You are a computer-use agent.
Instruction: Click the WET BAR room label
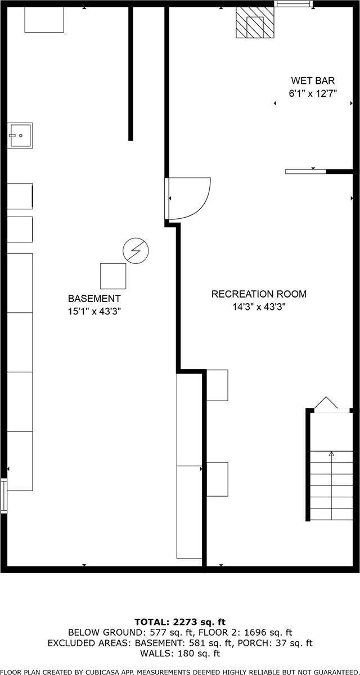tap(313, 81)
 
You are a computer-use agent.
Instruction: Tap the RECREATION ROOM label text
tap(259, 294)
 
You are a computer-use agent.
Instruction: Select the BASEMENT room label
tap(94, 298)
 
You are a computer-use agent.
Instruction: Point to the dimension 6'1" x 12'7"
tap(313, 94)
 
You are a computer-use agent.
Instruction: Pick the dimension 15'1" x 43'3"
tap(94, 310)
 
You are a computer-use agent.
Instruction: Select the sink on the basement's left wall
tap(20, 135)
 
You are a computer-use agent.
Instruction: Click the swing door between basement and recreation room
tap(188, 199)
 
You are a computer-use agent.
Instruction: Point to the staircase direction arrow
tap(331, 453)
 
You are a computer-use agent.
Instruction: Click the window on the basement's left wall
tap(4, 495)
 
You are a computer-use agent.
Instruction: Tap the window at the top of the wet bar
tap(292, 4)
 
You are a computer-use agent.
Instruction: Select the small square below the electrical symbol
tap(113, 276)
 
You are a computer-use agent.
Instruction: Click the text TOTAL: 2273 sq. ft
tap(180, 622)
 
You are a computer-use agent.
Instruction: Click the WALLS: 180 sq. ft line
tap(180, 653)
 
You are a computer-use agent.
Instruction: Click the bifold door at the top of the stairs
tap(325, 403)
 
